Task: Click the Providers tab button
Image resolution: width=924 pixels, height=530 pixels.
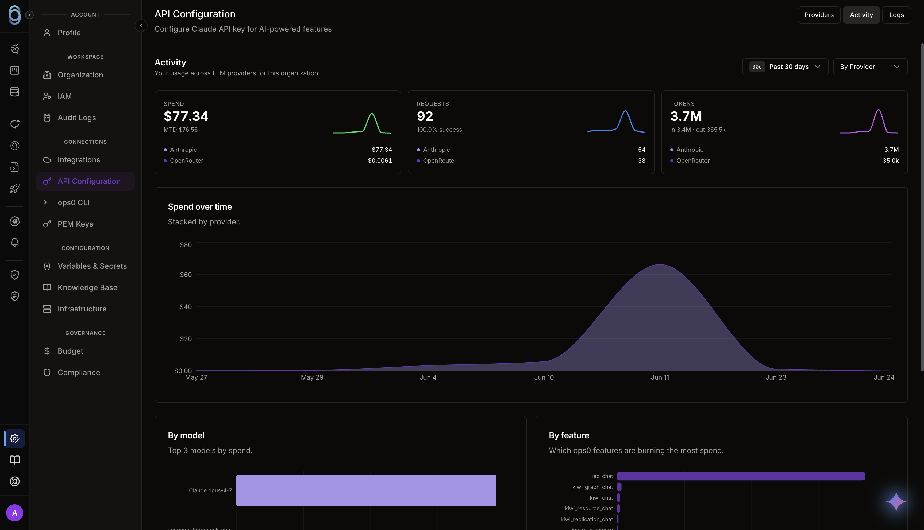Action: coord(819,15)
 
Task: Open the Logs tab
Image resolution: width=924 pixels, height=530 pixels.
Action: coord(896,15)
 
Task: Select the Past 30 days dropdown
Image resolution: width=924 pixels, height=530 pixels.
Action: coord(785,67)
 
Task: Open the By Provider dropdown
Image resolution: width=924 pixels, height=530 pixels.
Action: coord(870,67)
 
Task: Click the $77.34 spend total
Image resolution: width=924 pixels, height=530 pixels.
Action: coord(186,116)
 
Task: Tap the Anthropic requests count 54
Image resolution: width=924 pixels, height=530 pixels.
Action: coord(641,150)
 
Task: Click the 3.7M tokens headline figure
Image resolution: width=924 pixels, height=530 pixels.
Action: coord(686,116)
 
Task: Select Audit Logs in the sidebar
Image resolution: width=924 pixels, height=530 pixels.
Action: coord(76,118)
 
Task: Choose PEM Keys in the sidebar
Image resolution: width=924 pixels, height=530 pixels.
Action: coord(75,224)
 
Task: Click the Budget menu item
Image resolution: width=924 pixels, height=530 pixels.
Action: coord(70,351)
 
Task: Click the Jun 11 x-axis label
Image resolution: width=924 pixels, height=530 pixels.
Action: coord(660,377)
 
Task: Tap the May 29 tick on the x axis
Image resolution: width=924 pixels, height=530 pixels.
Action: coord(312,377)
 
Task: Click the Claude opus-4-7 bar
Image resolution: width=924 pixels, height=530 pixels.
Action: coord(366,490)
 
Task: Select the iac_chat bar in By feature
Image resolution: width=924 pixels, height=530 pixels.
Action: coord(740,476)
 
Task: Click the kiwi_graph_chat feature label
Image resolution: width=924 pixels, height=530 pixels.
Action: coord(592,487)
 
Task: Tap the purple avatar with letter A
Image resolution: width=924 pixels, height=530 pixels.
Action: coord(14,513)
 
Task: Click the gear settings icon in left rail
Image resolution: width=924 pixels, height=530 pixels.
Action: coord(14,438)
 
